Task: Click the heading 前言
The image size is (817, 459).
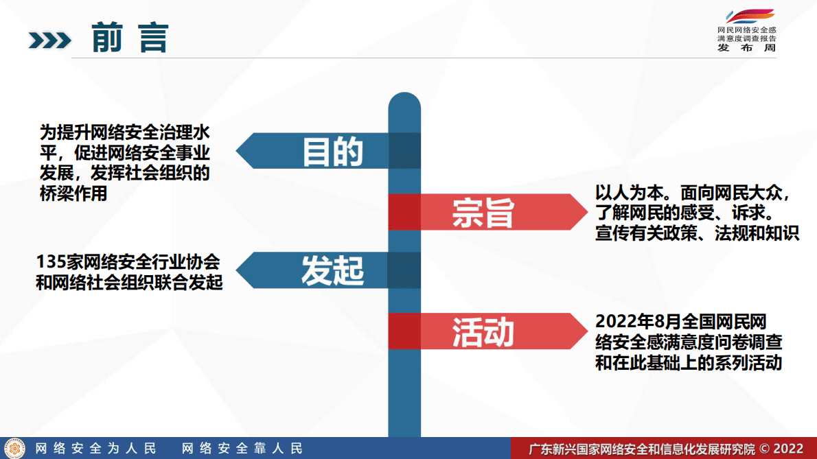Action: (130, 38)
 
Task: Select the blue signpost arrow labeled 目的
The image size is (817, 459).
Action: (323, 151)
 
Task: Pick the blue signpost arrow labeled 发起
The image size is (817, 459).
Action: (323, 270)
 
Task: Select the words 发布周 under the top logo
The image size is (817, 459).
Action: (746, 49)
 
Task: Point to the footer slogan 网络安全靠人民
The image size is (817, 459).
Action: (242, 449)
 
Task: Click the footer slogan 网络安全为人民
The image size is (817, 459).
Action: (96, 449)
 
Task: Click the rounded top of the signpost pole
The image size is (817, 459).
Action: (404, 103)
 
